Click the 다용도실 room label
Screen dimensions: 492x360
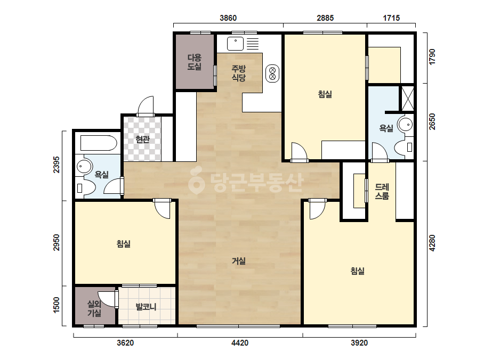coord(194,62)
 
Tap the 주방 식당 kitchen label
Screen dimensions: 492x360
coord(238,73)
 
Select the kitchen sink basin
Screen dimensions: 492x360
coord(235,44)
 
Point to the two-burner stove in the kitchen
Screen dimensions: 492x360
coord(272,73)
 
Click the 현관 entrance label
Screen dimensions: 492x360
coord(142,139)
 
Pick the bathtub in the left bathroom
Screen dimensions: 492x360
coord(98,143)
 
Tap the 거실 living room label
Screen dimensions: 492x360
coord(238,260)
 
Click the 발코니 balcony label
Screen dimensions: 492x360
coord(146,306)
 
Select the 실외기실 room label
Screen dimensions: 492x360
coord(94,308)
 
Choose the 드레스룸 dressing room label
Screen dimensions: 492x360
coord(382,192)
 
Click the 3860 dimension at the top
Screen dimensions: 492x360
coord(228,18)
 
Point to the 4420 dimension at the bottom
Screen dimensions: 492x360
coord(240,343)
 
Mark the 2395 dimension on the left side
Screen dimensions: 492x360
coord(56,165)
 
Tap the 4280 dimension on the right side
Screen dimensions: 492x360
coord(432,243)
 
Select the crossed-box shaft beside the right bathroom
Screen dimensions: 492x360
coord(408,98)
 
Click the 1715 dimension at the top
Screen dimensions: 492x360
coord(391,18)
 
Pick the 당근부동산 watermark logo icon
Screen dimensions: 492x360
coord(196,181)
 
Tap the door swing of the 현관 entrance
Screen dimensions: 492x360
coord(146,105)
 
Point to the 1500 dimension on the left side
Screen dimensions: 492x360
coord(56,305)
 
